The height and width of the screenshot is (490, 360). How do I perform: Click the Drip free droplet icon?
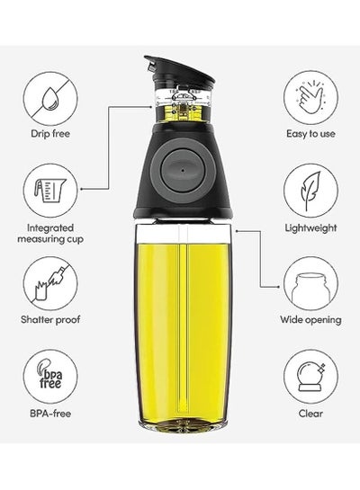50,99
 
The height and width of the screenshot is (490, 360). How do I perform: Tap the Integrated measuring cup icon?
50,191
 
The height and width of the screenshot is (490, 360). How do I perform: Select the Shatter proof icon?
50,283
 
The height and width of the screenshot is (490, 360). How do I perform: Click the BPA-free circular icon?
50,377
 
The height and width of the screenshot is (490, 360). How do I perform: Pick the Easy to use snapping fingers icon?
310,97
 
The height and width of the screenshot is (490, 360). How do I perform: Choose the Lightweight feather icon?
310,191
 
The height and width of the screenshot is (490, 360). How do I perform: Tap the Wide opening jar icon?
310,283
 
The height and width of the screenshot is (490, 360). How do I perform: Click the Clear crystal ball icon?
310,377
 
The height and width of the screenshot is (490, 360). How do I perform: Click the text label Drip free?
50,134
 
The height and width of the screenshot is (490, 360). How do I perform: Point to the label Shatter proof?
50,319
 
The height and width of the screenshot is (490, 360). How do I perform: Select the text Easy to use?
310,134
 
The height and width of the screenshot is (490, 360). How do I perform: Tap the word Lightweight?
310,227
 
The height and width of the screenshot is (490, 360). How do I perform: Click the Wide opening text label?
310,320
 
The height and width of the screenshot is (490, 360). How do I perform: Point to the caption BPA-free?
50,414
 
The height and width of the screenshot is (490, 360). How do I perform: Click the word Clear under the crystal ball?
310,414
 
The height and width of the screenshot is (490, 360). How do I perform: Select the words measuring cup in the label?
50,239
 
